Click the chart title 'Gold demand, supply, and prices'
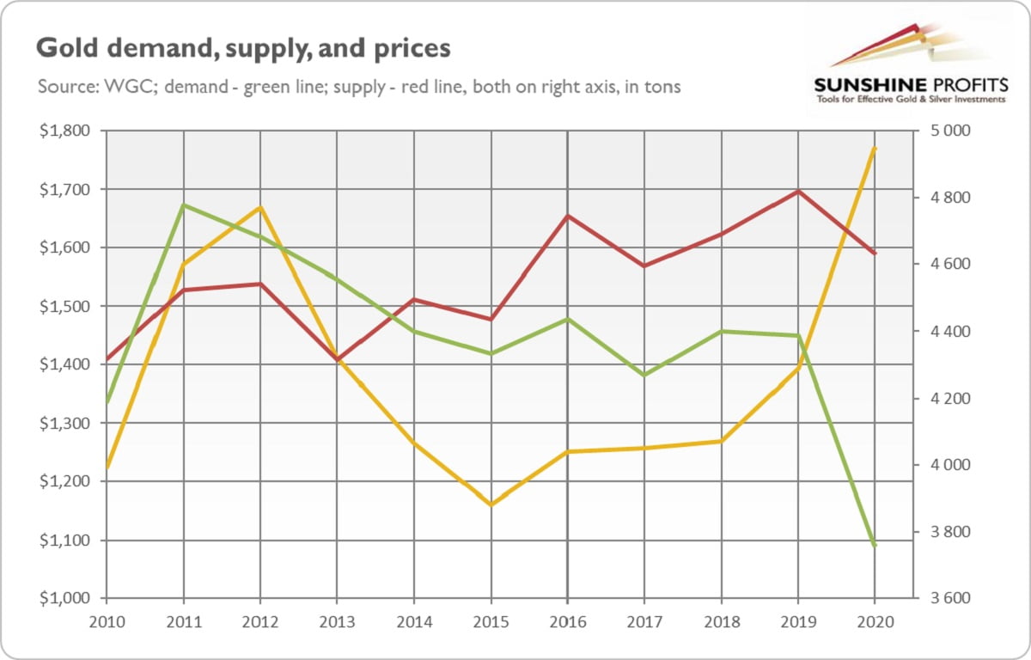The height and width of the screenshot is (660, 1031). (x=243, y=49)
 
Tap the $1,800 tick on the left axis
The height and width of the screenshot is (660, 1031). (x=70, y=131)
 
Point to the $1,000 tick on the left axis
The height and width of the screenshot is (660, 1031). (x=70, y=598)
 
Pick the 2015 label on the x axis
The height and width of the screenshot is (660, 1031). (x=491, y=621)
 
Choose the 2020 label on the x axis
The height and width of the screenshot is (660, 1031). (x=875, y=621)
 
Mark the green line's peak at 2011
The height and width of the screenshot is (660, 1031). (x=183, y=205)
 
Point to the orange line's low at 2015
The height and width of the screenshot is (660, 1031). (x=491, y=504)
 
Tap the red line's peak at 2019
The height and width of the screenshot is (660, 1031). (x=798, y=191)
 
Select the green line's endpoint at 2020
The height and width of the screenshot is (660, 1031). (x=875, y=546)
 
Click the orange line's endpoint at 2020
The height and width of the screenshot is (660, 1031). (x=875, y=148)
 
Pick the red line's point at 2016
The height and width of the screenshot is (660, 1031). (x=568, y=216)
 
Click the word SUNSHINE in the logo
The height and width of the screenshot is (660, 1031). (x=869, y=86)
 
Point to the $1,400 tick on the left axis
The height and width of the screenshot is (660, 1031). (x=70, y=364)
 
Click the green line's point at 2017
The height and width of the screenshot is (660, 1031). (x=644, y=375)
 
